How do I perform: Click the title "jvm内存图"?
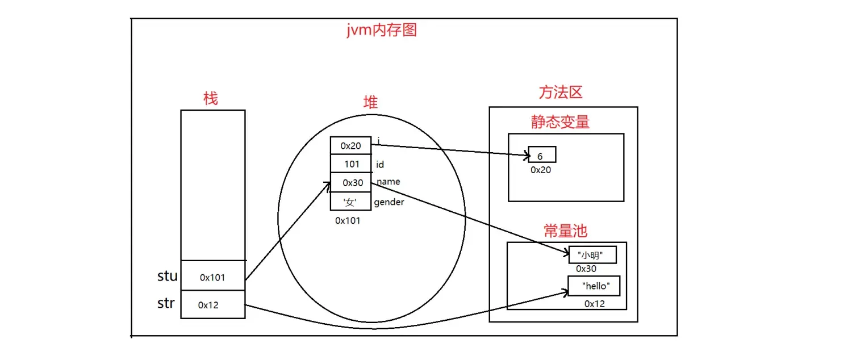click(382, 30)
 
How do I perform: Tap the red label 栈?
click(210, 98)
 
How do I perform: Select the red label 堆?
click(370, 102)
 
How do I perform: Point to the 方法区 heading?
click(560, 93)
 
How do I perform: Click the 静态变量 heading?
click(560, 122)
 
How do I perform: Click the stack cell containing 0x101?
click(213, 278)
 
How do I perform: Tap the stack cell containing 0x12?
click(213, 305)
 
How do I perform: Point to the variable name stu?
click(168, 277)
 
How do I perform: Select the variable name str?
click(166, 303)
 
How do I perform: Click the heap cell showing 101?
click(351, 164)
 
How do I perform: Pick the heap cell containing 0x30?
click(351, 183)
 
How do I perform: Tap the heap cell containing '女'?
click(351, 202)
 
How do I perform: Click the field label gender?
click(389, 202)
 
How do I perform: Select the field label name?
click(388, 182)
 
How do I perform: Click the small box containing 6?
click(542, 155)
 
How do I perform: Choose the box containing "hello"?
click(594, 286)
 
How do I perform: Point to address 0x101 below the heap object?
click(348, 220)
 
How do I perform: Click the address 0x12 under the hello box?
click(595, 304)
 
